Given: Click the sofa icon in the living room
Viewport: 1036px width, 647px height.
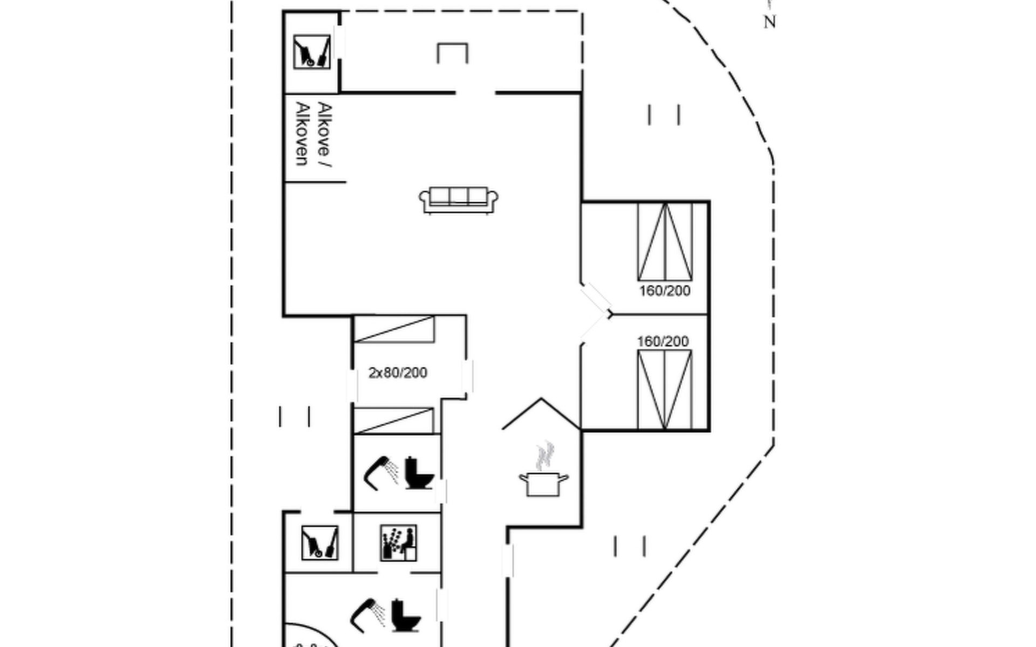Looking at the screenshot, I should pos(459,200).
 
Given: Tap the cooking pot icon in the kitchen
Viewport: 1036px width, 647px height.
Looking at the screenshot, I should pos(543,483).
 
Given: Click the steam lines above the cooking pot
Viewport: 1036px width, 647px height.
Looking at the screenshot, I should pos(546,456).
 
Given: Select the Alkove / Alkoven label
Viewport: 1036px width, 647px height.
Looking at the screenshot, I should pos(313,134).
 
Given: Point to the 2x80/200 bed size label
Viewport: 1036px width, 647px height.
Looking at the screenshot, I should pos(398,373).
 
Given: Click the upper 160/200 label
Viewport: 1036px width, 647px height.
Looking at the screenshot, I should pos(665,291).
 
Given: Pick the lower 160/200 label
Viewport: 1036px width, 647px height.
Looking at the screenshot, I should pos(663,341).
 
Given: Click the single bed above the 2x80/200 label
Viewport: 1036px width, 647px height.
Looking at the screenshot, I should pos(394,329).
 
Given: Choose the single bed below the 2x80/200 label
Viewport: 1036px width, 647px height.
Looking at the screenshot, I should pos(393,421).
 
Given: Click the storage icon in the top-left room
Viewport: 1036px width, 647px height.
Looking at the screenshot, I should pos(312,52).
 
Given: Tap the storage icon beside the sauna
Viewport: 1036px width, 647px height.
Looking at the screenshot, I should pos(319,542).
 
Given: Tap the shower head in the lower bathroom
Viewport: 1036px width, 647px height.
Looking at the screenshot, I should pos(367,614).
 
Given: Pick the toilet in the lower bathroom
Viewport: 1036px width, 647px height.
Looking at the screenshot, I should pos(405,615).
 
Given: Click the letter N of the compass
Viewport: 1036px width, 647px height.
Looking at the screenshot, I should pos(769,23).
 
